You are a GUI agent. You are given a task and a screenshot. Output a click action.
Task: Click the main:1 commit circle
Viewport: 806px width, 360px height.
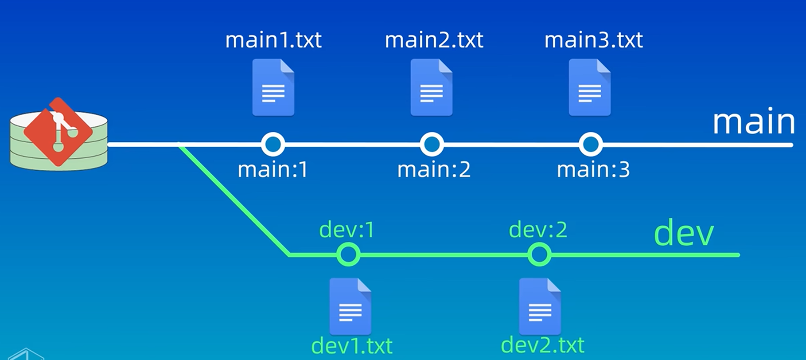(x=273, y=144)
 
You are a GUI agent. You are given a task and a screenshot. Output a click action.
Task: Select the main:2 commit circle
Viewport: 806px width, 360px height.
(x=432, y=144)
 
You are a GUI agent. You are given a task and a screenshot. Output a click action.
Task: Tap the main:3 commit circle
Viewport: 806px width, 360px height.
(x=591, y=144)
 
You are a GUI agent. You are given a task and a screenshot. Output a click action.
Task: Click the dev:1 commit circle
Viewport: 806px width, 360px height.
(x=348, y=254)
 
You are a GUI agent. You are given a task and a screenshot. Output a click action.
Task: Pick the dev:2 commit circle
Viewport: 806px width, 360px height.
(x=539, y=254)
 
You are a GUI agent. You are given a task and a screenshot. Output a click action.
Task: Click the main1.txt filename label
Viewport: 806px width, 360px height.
(x=273, y=40)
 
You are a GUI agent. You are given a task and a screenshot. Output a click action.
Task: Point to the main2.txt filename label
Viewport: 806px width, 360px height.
(x=434, y=40)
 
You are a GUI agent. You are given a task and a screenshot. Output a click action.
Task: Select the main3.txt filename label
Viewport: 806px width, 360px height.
(x=593, y=40)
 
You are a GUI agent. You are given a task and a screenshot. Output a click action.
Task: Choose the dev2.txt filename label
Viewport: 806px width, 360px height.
(x=542, y=345)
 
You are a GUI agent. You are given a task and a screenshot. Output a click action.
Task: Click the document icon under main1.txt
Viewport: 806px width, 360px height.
(x=273, y=87)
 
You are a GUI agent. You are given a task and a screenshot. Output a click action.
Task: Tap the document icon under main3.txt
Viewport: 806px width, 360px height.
(x=590, y=87)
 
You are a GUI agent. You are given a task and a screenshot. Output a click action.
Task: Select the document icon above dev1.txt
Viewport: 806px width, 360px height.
(x=350, y=306)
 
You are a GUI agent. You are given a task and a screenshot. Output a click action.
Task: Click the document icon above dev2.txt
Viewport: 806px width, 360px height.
(x=540, y=306)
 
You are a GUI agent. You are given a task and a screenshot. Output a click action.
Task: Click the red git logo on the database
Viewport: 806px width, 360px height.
(x=58, y=132)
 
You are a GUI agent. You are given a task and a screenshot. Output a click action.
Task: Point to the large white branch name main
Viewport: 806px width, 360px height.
(x=754, y=122)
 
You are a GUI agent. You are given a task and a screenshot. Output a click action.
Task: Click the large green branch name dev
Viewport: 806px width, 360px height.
(x=684, y=233)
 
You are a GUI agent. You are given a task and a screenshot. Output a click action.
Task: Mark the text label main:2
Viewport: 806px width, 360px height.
(x=434, y=170)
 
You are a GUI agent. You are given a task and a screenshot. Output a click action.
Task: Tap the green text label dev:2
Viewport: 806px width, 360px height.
(x=538, y=230)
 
